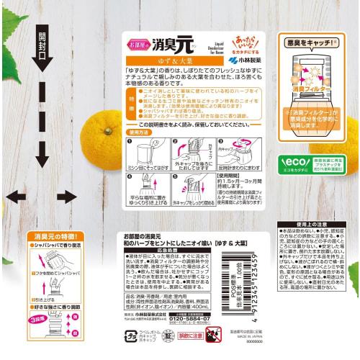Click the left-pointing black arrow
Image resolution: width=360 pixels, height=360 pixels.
tap(14, 196)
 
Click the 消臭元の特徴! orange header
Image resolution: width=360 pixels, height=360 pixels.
tap(56, 235)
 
